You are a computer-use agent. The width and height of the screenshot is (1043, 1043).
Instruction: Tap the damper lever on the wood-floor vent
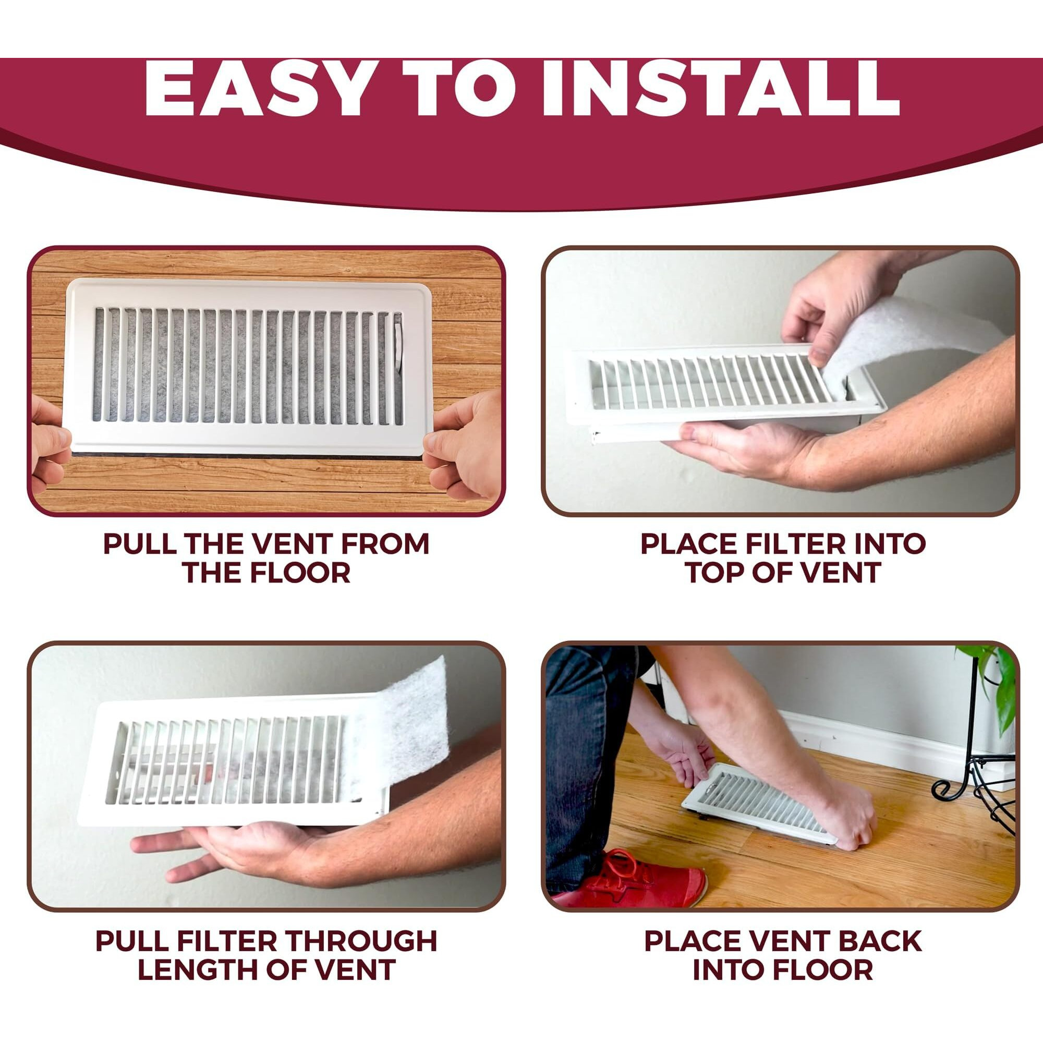(398, 346)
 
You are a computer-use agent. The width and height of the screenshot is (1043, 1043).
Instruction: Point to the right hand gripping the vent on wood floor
(464, 443)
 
